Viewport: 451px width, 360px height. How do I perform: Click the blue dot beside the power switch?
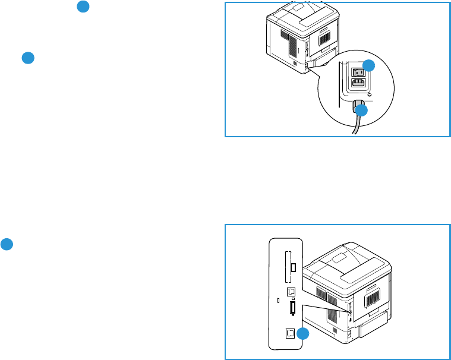370,66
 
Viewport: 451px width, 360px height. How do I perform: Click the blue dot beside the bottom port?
303,334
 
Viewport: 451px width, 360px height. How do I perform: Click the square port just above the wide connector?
291,292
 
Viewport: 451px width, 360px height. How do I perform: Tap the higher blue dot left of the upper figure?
84,7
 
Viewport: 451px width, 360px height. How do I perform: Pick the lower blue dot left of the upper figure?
27,58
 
